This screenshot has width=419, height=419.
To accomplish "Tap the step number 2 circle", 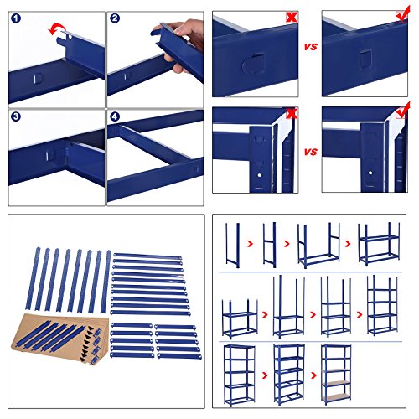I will click(x=116, y=18).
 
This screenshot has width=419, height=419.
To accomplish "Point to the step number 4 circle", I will click(x=116, y=116).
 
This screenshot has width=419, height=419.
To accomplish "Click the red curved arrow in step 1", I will click(x=57, y=31).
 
